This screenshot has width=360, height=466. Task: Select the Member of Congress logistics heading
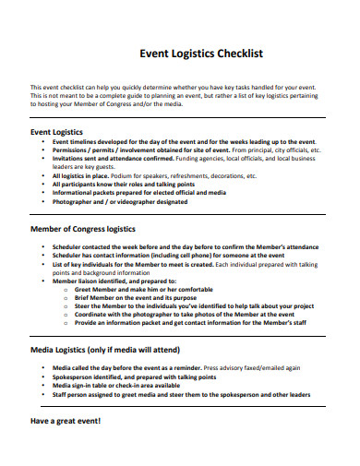[83, 227]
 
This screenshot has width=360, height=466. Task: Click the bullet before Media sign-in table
[44, 386]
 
